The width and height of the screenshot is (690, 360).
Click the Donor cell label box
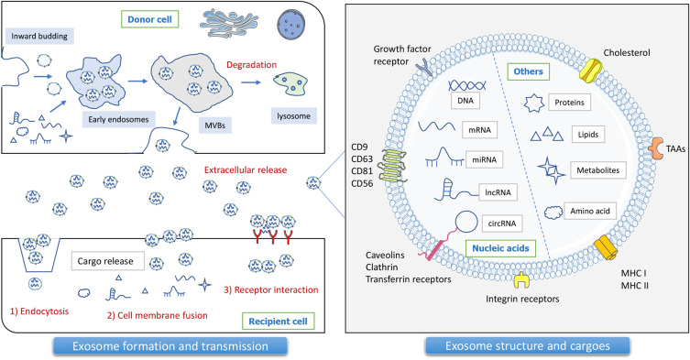pyautogui.click(x=149, y=19)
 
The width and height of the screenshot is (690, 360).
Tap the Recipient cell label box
pyautogui.click(x=279, y=322)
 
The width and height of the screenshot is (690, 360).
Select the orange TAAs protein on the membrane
pyautogui.click(x=656, y=147)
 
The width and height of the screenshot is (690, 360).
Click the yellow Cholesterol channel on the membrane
pyautogui.click(x=590, y=71)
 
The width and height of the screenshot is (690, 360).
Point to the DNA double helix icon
pyautogui.click(x=467, y=85)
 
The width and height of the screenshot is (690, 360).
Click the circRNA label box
pyautogui.click(x=501, y=224)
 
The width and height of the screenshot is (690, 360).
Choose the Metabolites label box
pyautogui.click(x=598, y=170)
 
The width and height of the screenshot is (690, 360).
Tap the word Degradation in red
pyautogui.click(x=252, y=65)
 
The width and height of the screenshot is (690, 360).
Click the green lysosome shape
pyautogui.click(x=290, y=83)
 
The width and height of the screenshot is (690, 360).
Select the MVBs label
pyautogui.click(x=215, y=125)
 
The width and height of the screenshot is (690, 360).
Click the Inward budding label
pyautogui.click(x=39, y=36)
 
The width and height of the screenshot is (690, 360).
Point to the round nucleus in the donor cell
pyautogui.click(x=290, y=23)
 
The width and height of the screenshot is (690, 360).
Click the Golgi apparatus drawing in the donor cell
pyautogui.click(x=228, y=23)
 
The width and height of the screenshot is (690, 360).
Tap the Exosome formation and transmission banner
pyautogui.click(x=170, y=346)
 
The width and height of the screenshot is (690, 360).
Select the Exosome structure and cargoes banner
pyautogui.click(x=527, y=346)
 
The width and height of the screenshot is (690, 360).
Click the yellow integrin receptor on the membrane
pyautogui.click(x=522, y=280)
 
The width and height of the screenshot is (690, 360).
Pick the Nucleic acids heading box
pyautogui.click(x=501, y=248)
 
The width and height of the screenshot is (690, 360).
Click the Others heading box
pyautogui.click(x=529, y=71)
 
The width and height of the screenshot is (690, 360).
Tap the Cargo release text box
pyautogui.click(x=108, y=261)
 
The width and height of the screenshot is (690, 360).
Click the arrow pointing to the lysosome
pyautogui.click(x=250, y=82)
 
